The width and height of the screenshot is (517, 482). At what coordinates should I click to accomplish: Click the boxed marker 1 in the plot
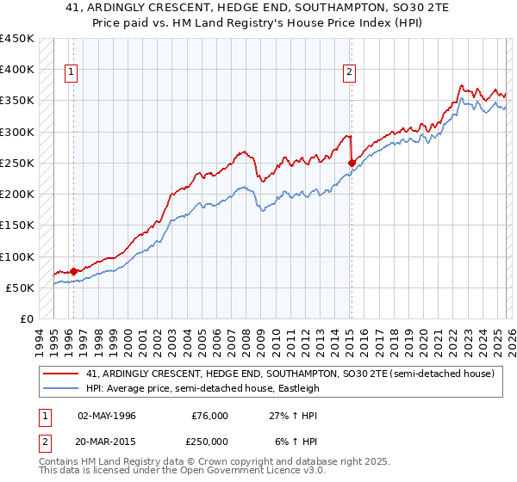point(72,73)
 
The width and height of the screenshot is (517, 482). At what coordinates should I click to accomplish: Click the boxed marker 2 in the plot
point(350,73)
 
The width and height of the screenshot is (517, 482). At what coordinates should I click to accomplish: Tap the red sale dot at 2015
point(352,163)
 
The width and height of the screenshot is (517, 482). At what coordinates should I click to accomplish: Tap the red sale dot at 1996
point(73,271)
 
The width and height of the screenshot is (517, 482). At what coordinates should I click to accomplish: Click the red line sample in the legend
point(61,374)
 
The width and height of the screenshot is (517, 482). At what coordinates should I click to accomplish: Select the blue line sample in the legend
point(61,388)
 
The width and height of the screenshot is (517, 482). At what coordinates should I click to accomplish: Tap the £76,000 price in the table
point(209,416)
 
